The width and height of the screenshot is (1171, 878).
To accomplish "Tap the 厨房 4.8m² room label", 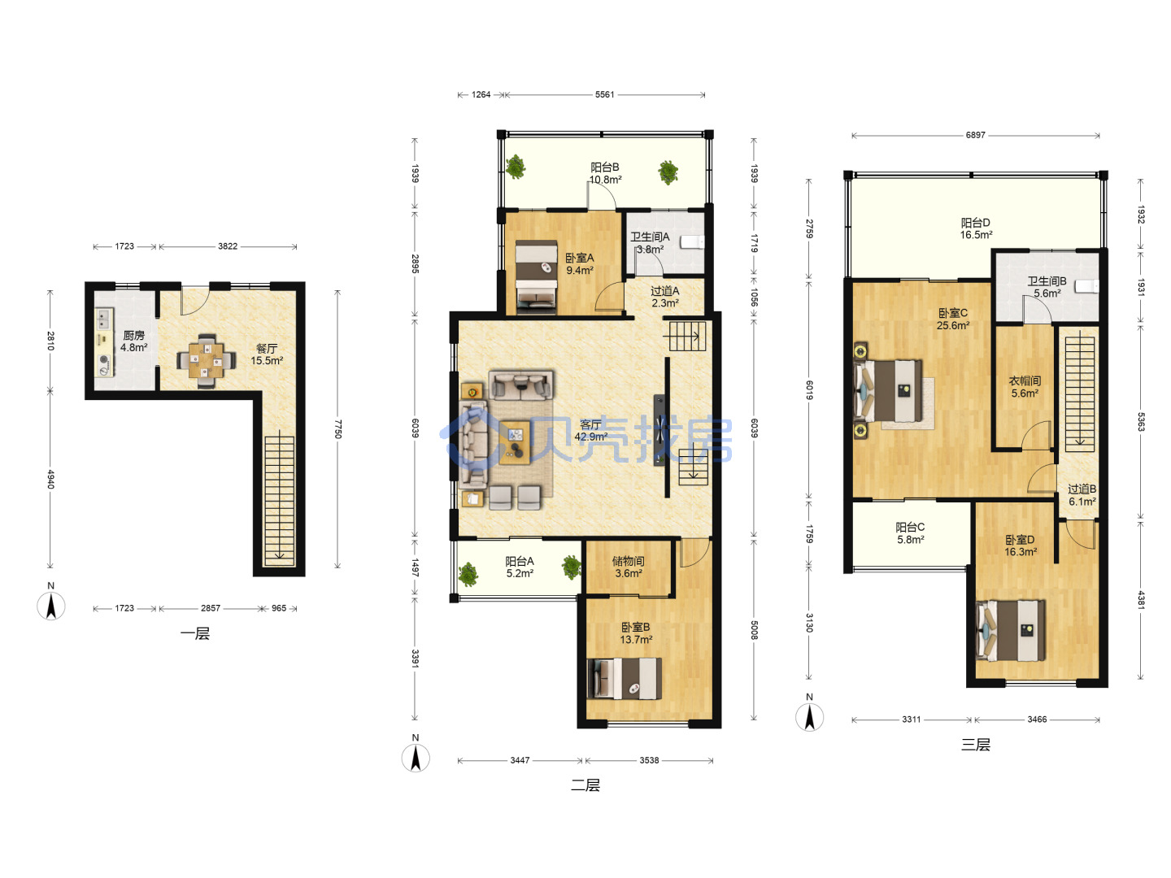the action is [x=133, y=341].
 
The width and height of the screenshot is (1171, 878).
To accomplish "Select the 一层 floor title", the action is [x=194, y=633].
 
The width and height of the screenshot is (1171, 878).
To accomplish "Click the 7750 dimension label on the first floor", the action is [x=337, y=428].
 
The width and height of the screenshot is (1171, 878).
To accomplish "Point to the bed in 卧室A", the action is [x=536, y=276].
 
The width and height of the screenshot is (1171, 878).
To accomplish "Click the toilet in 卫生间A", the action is [x=692, y=242].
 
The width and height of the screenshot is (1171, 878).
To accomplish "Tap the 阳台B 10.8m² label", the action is [x=605, y=173].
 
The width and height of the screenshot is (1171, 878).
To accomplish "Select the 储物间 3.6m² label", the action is [x=628, y=567].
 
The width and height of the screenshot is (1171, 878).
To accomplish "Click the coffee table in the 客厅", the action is [x=515, y=442].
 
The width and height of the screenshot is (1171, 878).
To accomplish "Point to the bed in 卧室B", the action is [x=625, y=679].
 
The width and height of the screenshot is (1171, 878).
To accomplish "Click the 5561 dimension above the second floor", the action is [x=604, y=94].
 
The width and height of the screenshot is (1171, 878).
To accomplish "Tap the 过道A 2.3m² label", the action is [x=664, y=297].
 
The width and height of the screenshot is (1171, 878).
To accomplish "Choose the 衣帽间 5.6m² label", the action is [x=1025, y=387].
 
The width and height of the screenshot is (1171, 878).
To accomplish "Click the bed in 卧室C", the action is [x=888, y=391].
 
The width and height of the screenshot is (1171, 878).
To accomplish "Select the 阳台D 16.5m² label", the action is [x=976, y=228].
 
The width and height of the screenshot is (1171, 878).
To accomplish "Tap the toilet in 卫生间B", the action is [x=1086, y=286].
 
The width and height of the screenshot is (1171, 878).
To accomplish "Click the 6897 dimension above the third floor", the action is [x=975, y=135].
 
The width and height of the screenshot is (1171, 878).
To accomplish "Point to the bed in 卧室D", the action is [x=1010, y=631].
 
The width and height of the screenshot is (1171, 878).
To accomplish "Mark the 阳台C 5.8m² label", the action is [x=910, y=533].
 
